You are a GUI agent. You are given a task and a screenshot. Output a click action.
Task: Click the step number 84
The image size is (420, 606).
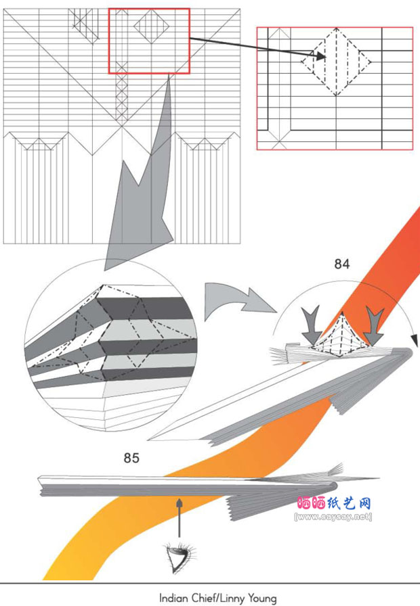(x=342, y=264)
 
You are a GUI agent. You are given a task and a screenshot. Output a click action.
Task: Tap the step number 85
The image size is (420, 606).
(x=131, y=458)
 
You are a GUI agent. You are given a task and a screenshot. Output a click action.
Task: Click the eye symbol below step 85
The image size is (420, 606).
(x=180, y=558)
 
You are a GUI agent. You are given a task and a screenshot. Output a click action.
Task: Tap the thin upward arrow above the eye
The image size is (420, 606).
(x=180, y=517)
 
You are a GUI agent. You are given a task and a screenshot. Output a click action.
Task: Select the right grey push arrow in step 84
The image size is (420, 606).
(x=375, y=327)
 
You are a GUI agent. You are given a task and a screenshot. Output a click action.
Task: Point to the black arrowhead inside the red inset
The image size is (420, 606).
(x=320, y=55)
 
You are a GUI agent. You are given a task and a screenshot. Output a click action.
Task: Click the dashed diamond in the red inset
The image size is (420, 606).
(x=336, y=62)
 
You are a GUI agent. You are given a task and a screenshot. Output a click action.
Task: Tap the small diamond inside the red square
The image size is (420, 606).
(x=151, y=26)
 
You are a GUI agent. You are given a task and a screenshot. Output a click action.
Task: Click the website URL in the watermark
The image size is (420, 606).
(x=333, y=517)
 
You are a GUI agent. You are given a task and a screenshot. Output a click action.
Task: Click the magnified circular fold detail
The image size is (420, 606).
(x=110, y=346)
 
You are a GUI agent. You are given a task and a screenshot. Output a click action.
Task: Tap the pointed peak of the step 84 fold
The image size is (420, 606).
(x=342, y=312)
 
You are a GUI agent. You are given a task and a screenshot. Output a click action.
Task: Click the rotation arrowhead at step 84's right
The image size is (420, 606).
(x=414, y=341)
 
